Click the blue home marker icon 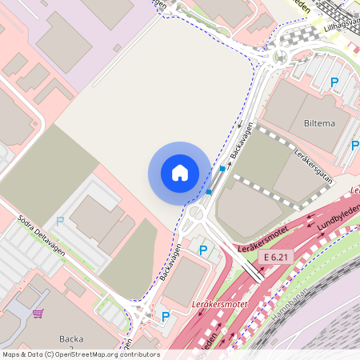(x=180, y=173)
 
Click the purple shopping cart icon (x=38, y=313)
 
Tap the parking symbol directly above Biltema (x=334, y=82)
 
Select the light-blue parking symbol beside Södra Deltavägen (x=60, y=221)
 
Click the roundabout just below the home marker (x=196, y=214)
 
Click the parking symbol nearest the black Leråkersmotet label (x=203, y=250)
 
